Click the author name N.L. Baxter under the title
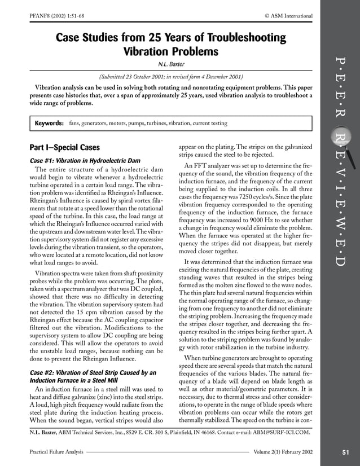[x=170, y=64]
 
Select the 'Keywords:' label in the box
[x=49, y=123]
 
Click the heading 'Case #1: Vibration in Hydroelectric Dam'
[x=83, y=160]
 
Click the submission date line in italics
[x=170, y=77]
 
